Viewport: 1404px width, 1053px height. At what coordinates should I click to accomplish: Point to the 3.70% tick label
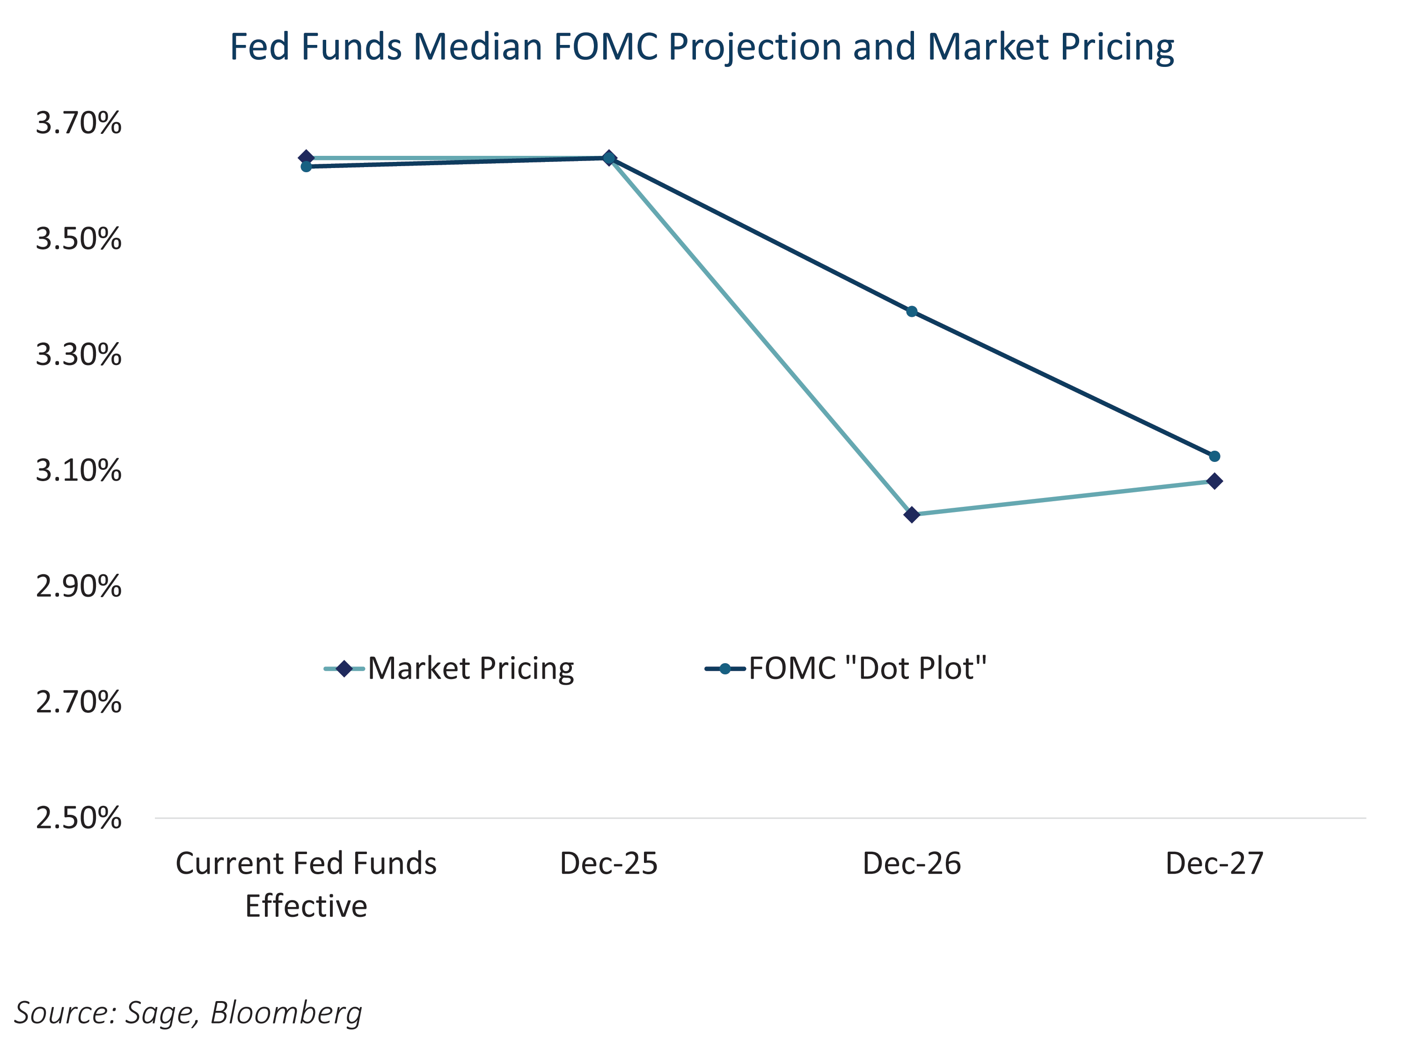point(78,123)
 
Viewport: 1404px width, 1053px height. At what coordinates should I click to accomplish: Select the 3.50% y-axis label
point(78,239)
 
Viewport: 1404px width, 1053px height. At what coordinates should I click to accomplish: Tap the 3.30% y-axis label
point(78,355)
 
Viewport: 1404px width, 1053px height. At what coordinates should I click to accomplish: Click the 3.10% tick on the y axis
point(78,471)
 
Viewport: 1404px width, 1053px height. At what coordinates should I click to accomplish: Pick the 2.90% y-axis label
point(78,586)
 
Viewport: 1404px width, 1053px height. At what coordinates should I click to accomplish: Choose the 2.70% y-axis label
point(78,702)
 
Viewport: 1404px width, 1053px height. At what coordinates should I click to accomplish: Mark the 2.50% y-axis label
point(78,818)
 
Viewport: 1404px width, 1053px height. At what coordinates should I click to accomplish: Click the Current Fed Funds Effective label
point(306,884)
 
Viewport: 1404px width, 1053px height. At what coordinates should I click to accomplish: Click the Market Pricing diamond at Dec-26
point(912,515)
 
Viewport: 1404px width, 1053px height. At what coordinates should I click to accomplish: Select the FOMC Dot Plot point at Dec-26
point(912,312)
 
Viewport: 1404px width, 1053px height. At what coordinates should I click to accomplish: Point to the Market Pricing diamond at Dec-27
point(1214,481)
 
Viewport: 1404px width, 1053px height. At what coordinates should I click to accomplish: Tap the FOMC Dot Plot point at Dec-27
point(1214,456)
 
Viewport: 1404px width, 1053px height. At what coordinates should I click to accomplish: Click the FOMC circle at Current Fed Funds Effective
point(306,166)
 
